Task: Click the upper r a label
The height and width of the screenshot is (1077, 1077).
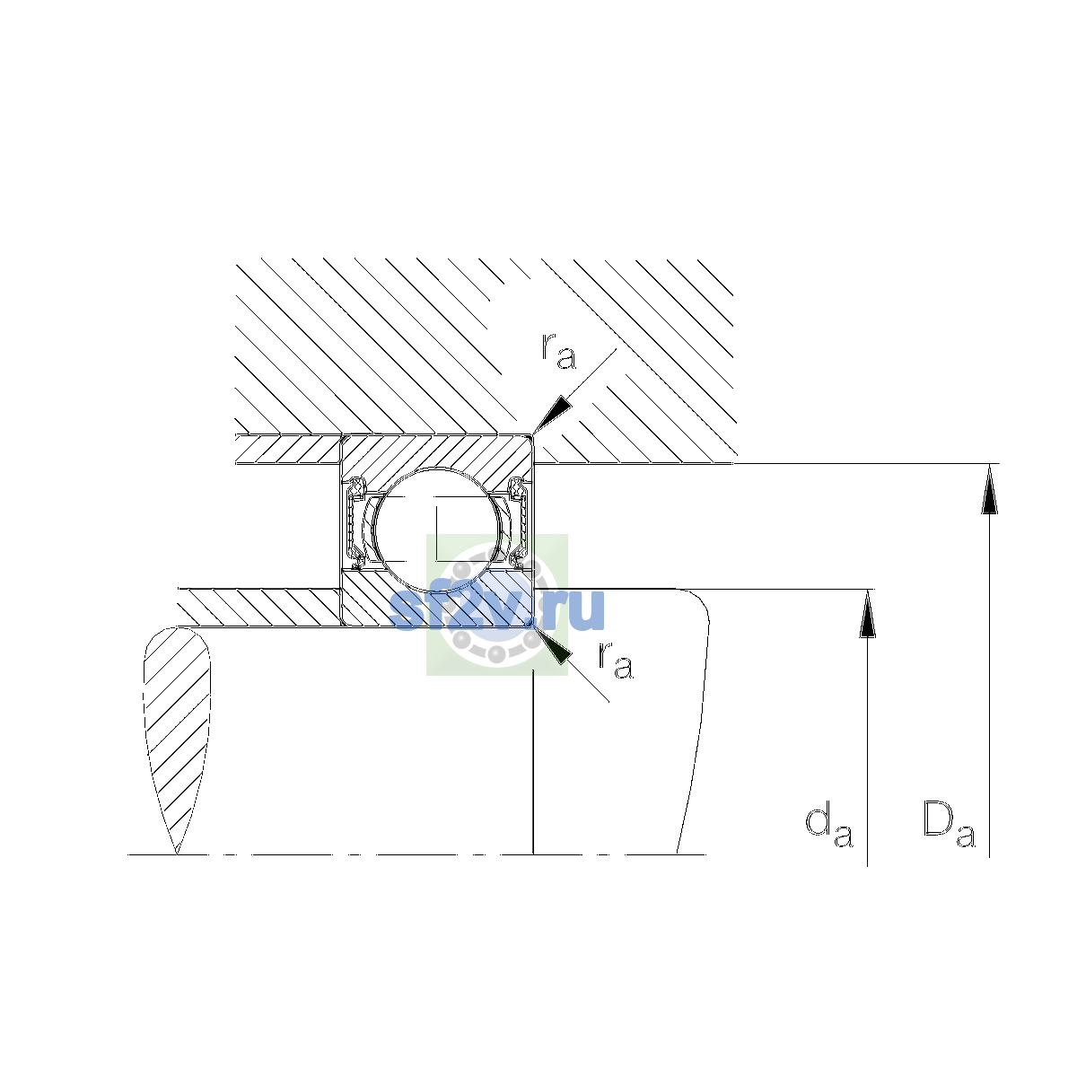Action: click(557, 350)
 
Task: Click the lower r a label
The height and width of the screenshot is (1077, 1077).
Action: click(616, 660)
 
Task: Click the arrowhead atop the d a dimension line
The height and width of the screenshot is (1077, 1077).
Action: click(867, 613)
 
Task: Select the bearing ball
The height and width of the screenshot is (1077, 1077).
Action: click(437, 529)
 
